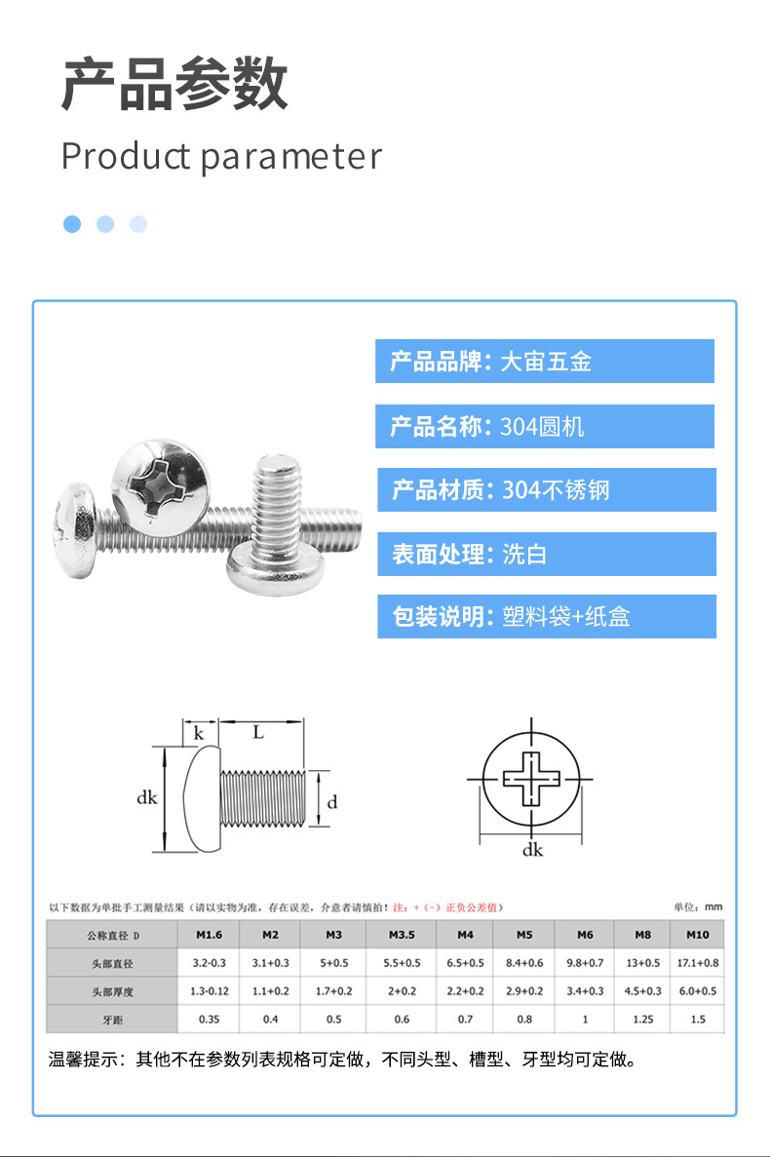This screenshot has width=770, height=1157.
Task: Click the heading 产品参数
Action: coord(174,84)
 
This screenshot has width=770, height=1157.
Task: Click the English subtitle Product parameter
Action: coord(221,156)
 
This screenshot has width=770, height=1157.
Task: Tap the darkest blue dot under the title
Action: coord(72,224)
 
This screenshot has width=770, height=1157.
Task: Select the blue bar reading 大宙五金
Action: coord(544,361)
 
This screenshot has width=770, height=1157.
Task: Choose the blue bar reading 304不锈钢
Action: coord(547,489)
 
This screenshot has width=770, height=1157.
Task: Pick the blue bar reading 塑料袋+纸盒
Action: coord(547,616)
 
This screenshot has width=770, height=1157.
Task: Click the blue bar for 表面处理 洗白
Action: coord(547,554)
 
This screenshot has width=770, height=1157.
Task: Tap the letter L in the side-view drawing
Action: coord(258,732)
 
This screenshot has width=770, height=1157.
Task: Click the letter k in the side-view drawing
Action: coord(199,733)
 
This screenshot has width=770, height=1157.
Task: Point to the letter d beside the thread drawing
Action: coord(332,801)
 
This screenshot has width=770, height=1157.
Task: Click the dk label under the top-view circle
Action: coord(532,850)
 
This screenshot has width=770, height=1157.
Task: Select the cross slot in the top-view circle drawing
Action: coord(531,779)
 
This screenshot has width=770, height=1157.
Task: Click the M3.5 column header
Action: coord(402,934)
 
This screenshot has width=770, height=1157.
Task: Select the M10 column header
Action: coord(698,934)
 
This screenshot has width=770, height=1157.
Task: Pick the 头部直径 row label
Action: coord(112,964)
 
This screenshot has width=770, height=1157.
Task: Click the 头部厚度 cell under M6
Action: coord(585,991)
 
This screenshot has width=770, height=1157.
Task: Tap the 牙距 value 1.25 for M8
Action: coord(643,1019)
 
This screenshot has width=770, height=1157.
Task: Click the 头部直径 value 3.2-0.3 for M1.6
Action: coord(210,963)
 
